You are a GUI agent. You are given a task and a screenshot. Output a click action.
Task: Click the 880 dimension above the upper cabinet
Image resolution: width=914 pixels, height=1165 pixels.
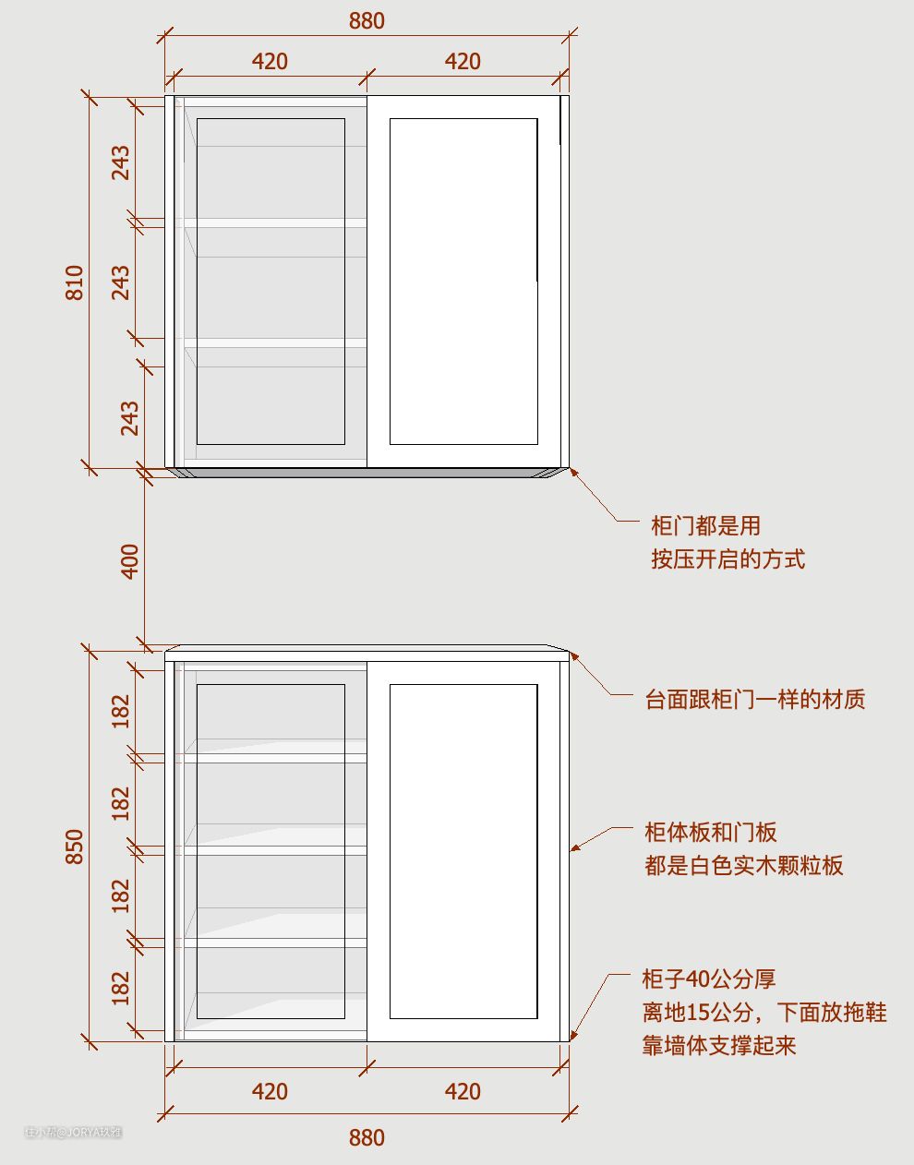[x=367, y=20]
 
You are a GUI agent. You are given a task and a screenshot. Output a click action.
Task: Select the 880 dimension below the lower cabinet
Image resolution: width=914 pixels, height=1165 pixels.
[x=367, y=1137]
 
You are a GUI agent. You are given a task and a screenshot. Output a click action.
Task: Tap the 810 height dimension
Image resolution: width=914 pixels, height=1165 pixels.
[x=75, y=282]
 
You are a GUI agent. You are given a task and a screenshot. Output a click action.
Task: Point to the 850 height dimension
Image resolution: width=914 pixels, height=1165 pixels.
[x=75, y=847]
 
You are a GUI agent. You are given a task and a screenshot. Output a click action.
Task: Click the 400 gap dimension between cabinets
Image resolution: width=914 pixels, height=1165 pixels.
[x=130, y=561]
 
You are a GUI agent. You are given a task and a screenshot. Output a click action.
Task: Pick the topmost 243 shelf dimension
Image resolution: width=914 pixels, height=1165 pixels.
[x=121, y=162]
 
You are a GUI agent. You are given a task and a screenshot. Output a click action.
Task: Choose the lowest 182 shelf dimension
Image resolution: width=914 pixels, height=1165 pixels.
[x=121, y=988]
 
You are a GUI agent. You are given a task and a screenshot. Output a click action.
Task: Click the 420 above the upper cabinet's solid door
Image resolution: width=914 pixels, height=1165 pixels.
[x=463, y=61]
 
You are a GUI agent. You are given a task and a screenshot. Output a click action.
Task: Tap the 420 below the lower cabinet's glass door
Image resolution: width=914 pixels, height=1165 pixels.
[x=270, y=1091]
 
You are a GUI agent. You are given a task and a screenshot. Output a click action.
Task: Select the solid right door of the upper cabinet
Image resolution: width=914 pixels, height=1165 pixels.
[x=463, y=281]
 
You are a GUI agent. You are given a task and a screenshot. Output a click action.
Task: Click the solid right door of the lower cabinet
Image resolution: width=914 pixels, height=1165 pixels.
[x=463, y=851]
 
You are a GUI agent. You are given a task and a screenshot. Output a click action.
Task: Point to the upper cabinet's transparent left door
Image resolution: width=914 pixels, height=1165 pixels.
[x=271, y=281]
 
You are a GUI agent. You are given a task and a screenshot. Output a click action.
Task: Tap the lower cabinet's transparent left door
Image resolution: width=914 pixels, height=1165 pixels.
[x=271, y=851]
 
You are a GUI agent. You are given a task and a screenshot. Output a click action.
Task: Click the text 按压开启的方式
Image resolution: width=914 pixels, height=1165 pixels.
[x=728, y=559]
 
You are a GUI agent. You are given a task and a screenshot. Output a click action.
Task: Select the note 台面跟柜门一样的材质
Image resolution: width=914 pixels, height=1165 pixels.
[x=755, y=700]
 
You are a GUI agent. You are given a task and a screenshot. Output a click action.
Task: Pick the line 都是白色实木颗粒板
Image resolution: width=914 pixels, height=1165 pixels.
[x=743, y=866]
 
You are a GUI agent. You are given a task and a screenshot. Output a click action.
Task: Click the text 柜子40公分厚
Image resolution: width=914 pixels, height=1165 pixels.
[x=708, y=979]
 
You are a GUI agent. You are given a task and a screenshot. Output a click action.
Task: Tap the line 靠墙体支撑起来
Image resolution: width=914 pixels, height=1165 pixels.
[x=719, y=1046]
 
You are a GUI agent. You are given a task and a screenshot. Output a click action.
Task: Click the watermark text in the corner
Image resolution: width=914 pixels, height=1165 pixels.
[x=74, y=1132]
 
